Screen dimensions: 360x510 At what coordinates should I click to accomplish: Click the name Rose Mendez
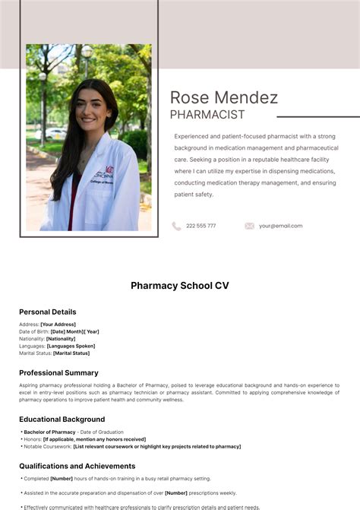pos(224,97)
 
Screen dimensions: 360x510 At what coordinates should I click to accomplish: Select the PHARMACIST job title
pos(207,115)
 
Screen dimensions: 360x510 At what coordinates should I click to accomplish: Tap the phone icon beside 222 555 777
pos(176,226)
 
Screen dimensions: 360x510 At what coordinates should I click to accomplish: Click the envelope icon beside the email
pos(249,226)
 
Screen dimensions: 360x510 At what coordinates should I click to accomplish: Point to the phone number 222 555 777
pos(201,226)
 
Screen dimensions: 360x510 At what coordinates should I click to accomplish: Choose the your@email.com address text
pos(280,226)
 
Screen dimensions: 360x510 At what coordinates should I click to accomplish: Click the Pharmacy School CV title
pos(179,286)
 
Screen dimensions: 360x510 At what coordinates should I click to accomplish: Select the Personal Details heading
pos(47,312)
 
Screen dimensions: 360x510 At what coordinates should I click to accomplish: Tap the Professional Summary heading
pos(58,372)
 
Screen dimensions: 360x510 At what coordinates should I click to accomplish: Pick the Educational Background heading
pos(62,419)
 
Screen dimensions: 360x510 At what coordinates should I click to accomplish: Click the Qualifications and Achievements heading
pos(77,466)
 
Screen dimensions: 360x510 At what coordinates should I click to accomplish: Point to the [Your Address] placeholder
pos(58,325)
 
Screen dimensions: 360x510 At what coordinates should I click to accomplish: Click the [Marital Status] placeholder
pos(71,353)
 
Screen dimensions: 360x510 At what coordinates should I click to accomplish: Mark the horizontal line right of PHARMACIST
pos(317,117)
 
